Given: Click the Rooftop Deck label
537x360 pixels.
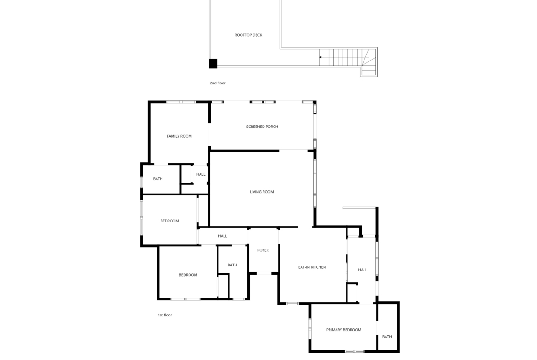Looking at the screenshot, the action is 248,35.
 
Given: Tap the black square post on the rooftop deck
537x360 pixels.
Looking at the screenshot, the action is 213,64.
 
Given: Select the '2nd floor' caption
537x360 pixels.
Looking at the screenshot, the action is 218,83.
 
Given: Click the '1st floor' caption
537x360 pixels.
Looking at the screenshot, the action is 165,315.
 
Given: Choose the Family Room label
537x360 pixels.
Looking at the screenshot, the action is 179,136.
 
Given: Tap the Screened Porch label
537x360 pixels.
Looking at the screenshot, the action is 262,127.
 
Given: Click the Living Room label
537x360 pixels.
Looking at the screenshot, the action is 262,192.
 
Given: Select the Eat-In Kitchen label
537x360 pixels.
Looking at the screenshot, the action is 312,267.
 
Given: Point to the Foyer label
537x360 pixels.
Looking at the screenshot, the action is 263,250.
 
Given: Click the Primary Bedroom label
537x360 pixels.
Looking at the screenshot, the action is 343,330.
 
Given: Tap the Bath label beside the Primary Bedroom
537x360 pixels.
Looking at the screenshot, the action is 387,337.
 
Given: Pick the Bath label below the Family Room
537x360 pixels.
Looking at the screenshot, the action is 158,179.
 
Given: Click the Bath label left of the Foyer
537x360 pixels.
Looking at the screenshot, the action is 232,265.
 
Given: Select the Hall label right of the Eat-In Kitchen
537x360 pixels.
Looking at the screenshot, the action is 363,270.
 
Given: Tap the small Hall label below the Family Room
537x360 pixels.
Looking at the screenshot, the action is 201,175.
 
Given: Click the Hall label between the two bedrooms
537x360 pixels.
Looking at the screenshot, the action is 223,236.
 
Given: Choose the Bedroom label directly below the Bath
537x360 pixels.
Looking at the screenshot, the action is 169,221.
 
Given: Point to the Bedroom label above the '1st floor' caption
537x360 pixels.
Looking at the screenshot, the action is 188,275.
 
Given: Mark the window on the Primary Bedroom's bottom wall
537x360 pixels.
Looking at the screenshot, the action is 354,351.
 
